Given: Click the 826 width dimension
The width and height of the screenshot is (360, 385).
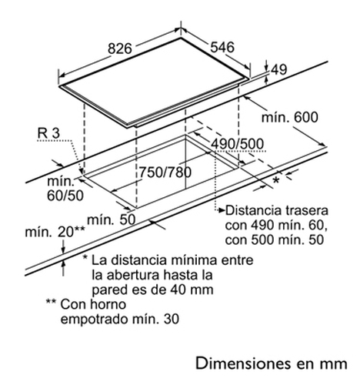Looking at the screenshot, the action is (120, 49).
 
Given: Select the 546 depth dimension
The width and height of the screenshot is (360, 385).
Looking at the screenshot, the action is (222, 47).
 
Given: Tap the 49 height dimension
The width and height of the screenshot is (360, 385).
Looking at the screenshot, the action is (278, 69).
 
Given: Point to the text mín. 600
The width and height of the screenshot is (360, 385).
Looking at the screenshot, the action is (290, 117).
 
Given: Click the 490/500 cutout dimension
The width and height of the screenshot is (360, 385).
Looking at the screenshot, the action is (237, 144).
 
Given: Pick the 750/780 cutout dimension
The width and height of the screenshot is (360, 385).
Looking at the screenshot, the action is (165, 172).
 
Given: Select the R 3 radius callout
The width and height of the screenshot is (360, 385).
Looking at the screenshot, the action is (48, 133).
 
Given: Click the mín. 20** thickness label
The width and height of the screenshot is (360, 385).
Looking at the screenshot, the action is (55, 232).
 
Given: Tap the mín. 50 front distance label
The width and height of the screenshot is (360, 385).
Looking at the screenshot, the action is (112, 219).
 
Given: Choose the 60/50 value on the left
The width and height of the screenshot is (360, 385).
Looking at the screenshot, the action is (65, 196).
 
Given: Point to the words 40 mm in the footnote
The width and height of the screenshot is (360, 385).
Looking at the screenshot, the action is (192, 290).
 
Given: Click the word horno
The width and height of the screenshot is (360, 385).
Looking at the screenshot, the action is (108, 304).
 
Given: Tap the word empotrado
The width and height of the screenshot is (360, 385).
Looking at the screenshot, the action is (95, 320).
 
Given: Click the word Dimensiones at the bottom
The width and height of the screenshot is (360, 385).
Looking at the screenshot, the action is (243, 363).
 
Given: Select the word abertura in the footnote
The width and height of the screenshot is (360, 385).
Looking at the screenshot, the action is (133, 275).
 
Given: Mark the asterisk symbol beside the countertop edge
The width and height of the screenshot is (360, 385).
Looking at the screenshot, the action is (276, 180).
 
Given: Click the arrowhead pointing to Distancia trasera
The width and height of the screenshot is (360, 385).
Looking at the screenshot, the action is (222, 211).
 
